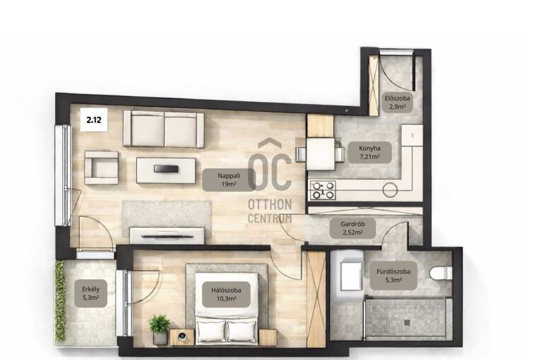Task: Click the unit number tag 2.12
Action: pyautogui.click(x=94, y=120)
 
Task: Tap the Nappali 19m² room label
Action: pyautogui.click(x=229, y=180)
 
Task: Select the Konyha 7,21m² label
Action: pyautogui.click(x=370, y=152)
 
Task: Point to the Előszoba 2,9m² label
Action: pyautogui.click(x=398, y=102)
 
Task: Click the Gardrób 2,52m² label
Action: pyautogui.click(x=352, y=228)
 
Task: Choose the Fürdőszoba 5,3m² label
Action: pyautogui.click(x=394, y=276)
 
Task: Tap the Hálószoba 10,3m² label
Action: pyautogui.click(x=226, y=294)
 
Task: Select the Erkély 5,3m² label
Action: pyautogui.click(x=90, y=293)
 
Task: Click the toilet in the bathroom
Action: pyautogui.click(x=441, y=273)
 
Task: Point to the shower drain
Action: pyautogui.click(x=407, y=323)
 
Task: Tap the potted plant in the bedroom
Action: pyautogui.click(x=159, y=328)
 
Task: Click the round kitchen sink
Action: pyautogui.click(x=390, y=190)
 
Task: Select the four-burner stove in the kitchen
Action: pyautogui.click(x=323, y=190)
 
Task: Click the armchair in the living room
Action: pyautogui.click(x=102, y=168)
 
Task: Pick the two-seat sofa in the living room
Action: pyautogui.click(x=163, y=129)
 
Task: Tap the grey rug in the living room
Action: pyautogui.click(x=167, y=217)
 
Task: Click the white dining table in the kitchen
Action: pyautogui.click(x=320, y=153)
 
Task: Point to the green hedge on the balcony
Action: pyautogui.click(x=60, y=300)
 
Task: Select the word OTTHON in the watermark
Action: pyautogui.click(x=270, y=204)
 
